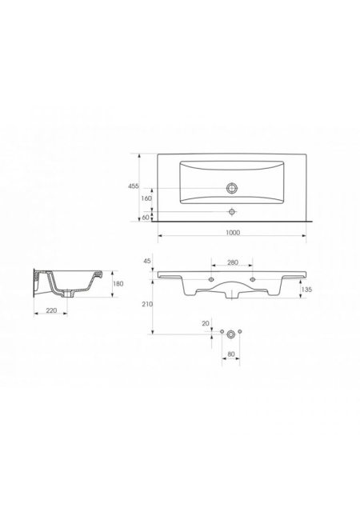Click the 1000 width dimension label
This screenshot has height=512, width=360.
pos(233,233)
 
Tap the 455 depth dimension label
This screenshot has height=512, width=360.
pos(133,186)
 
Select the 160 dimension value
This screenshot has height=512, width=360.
pos(146,198)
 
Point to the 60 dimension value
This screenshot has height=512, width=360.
pos(146,217)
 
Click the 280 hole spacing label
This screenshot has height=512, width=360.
pos(232,262)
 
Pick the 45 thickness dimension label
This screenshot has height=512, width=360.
pos(147,261)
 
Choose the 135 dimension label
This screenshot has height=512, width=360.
pos(306,290)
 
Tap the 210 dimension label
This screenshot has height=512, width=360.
pos(147,304)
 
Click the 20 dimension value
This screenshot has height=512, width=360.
pos(206,323)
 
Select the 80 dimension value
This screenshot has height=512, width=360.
pos(231,354)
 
